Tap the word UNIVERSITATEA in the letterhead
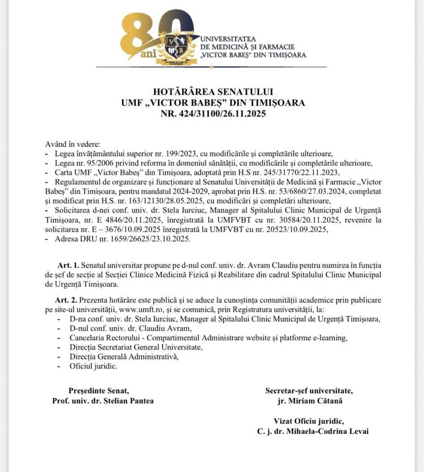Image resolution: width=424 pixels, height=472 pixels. point(228,39)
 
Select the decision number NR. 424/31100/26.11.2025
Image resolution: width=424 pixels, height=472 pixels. point(213,113)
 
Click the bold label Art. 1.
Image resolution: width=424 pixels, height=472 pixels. point(66,265)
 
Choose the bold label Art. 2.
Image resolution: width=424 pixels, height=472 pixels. point(66,300)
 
